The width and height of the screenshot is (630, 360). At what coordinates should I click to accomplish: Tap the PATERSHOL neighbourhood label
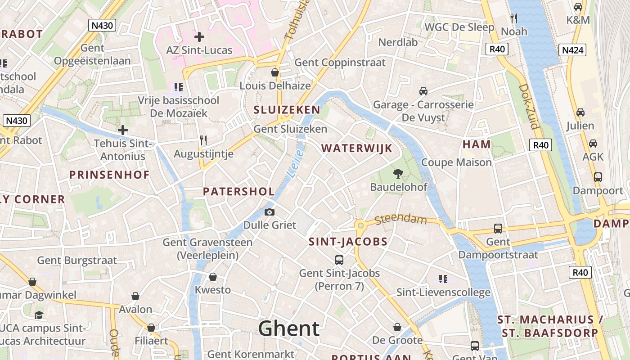tap(238, 191)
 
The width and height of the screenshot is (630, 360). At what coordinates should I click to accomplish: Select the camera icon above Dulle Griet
tap(270, 212)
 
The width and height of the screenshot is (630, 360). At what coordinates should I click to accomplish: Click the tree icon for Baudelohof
tap(398, 173)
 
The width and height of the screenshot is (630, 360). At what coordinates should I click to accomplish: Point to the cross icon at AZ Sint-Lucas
tap(199, 37)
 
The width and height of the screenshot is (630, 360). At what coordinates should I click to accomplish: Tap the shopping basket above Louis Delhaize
tap(275, 72)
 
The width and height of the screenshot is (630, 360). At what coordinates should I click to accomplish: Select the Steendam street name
tap(400, 220)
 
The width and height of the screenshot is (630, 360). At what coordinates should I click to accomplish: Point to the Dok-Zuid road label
tap(528, 106)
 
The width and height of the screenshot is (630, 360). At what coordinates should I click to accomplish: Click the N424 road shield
tap(573, 50)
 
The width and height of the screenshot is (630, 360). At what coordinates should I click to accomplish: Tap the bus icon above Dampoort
tap(598, 177)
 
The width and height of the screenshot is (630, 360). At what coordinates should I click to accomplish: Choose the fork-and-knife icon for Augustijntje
tap(203, 140)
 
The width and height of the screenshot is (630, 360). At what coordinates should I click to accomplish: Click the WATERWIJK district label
tap(357, 148)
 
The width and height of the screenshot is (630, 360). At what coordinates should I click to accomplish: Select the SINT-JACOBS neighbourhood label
tap(348, 242)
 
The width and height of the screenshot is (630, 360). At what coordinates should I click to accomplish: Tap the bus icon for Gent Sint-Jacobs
tap(339, 260)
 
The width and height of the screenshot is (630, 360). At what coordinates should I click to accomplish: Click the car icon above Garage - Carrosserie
tap(423, 91)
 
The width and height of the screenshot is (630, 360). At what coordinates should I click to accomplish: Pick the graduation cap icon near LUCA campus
tap(39, 315)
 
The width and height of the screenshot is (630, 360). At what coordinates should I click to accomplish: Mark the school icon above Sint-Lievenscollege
tap(443, 279)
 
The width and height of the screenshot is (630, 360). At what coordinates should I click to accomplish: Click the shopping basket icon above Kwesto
tap(213, 277)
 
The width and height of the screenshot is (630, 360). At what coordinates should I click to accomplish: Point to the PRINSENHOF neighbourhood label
tap(109, 175)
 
